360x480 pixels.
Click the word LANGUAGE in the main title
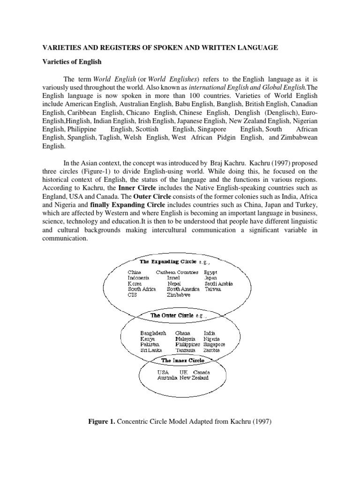[x=258, y=48]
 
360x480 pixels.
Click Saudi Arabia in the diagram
[x=218, y=284]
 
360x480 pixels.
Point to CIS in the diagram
[x=133, y=295]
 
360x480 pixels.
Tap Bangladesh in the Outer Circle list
[x=153, y=332]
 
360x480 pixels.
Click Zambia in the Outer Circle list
[x=211, y=350]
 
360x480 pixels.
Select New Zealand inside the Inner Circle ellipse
[x=194, y=378]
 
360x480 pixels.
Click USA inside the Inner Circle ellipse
[x=163, y=372]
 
